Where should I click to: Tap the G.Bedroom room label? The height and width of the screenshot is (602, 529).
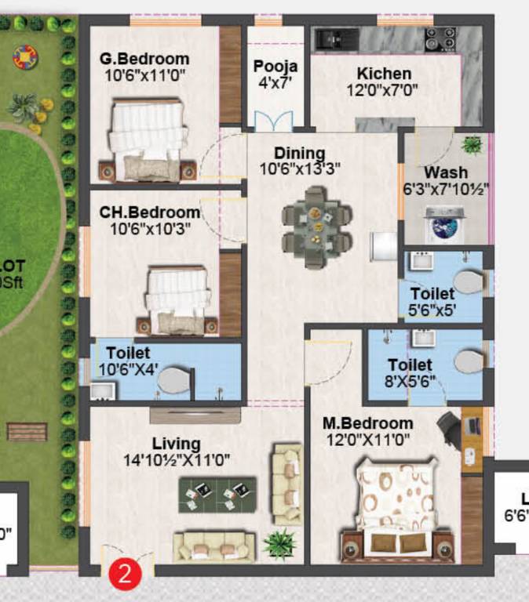[144, 59]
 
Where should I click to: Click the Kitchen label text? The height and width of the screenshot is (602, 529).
[384, 74]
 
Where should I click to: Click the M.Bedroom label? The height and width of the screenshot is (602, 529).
[368, 423]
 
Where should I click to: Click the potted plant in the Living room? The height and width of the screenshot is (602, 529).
[279, 542]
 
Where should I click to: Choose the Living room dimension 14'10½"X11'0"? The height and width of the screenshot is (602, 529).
[177, 461]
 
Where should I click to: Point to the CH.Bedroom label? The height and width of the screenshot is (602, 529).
[150, 212]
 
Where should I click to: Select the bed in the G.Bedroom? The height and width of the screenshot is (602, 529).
[150, 140]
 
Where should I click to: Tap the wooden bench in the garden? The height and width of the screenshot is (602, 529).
[27, 432]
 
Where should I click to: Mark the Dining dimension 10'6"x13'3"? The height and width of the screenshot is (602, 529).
[300, 168]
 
